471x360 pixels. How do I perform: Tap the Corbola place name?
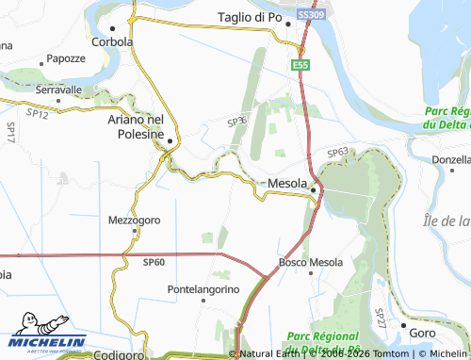click(x=112, y=41)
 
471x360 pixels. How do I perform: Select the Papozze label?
click(x=65, y=57)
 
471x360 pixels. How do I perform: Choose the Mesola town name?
click(x=287, y=183)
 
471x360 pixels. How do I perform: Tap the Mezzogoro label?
click(x=130, y=221)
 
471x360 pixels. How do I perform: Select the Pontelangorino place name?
click(x=203, y=287)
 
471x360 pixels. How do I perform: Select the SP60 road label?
click(x=154, y=260)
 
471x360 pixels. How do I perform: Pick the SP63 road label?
click(x=338, y=152)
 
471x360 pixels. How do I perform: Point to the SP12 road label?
click(x=38, y=113)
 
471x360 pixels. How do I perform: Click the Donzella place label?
click(x=450, y=160)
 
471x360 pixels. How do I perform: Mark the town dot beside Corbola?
click(x=120, y=29)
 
